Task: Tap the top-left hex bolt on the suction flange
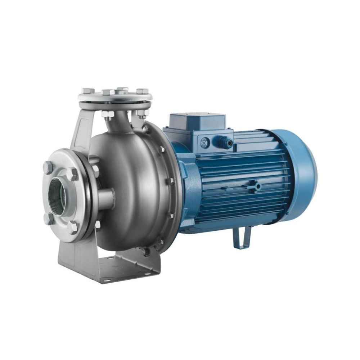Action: tap(49, 167)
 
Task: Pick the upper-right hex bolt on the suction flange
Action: tap(72, 174)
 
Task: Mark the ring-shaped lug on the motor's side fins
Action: tap(257, 186)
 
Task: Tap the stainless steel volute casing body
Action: tap(133, 187)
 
